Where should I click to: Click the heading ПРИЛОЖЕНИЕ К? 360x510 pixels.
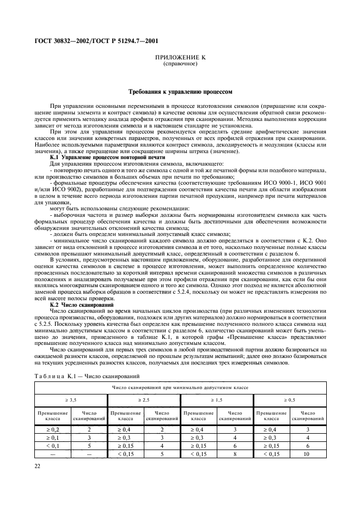(x=180, y=57)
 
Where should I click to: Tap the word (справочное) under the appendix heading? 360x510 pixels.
(x=180, y=64)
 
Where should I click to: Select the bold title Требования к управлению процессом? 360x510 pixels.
(x=180, y=92)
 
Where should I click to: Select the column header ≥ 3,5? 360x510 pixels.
(x=71, y=400)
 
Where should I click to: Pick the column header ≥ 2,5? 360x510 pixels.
(x=144, y=400)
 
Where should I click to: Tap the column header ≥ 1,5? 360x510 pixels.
(x=217, y=400)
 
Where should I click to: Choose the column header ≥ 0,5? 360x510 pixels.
(x=290, y=400)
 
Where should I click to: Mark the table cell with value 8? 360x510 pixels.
(x=235, y=453)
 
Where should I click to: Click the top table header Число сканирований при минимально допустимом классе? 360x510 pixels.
(x=180, y=387)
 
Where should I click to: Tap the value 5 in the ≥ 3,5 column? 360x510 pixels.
(x=89, y=445)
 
